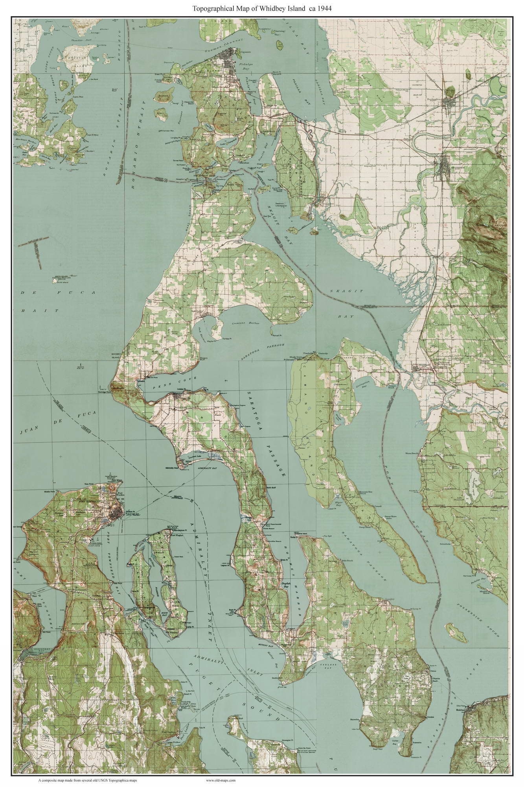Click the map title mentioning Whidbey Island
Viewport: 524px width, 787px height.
261,8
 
